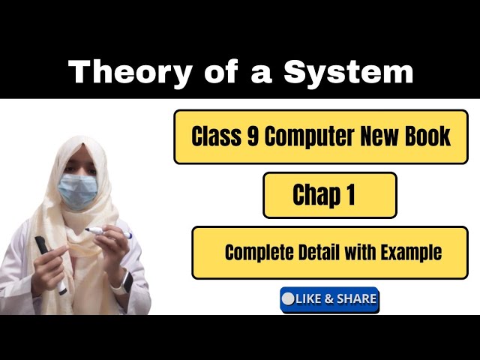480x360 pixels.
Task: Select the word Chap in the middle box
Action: pyautogui.click(x=315, y=195)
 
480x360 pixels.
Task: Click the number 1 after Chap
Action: pyautogui.click(x=349, y=195)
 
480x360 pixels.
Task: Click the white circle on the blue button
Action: pyautogui.click(x=288, y=299)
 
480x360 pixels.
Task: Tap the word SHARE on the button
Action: pyautogui.click(x=355, y=299)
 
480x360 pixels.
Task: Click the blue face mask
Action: pyautogui.click(x=78, y=190)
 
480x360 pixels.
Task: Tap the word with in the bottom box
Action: pyautogui.click(x=358, y=253)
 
